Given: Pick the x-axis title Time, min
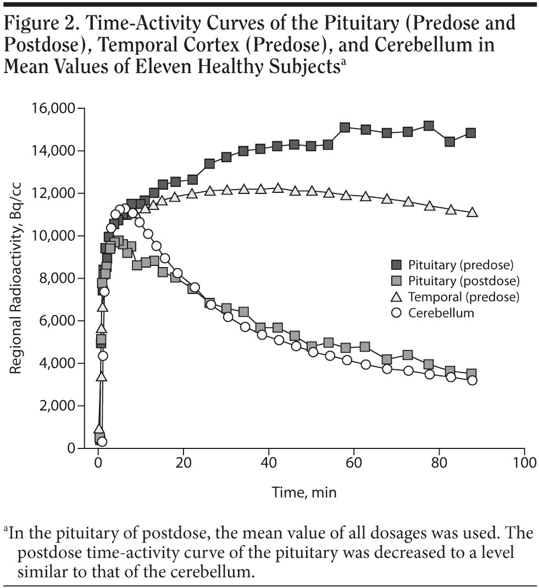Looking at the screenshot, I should pyautogui.click(x=304, y=492).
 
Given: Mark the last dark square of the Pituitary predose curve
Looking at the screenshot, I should pyautogui.click(x=470, y=133).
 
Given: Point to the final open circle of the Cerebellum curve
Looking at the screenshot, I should pyautogui.click(x=472, y=380).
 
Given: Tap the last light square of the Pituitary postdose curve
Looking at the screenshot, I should pyautogui.click(x=471, y=374).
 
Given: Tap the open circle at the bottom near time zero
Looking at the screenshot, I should pyautogui.click(x=102, y=442).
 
